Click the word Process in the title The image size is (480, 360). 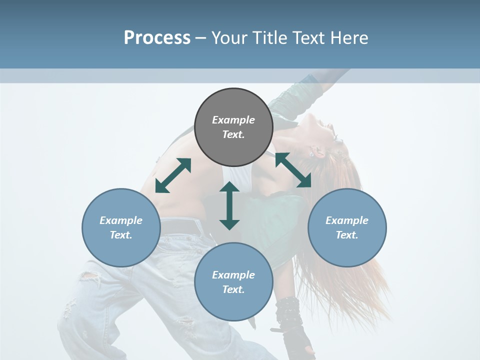(x=157, y=38)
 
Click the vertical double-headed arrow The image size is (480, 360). (x=229, y=205)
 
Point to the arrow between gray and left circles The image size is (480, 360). (x=173, y=175)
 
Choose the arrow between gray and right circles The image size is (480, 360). (x=293, y=170)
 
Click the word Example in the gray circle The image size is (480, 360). (x=233, y=120)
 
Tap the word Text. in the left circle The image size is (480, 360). (x=121, y=235)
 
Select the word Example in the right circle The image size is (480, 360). (x=347, y=220)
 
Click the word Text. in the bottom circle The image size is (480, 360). (x=233, y=289)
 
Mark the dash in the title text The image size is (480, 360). (x=201, y=38)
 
